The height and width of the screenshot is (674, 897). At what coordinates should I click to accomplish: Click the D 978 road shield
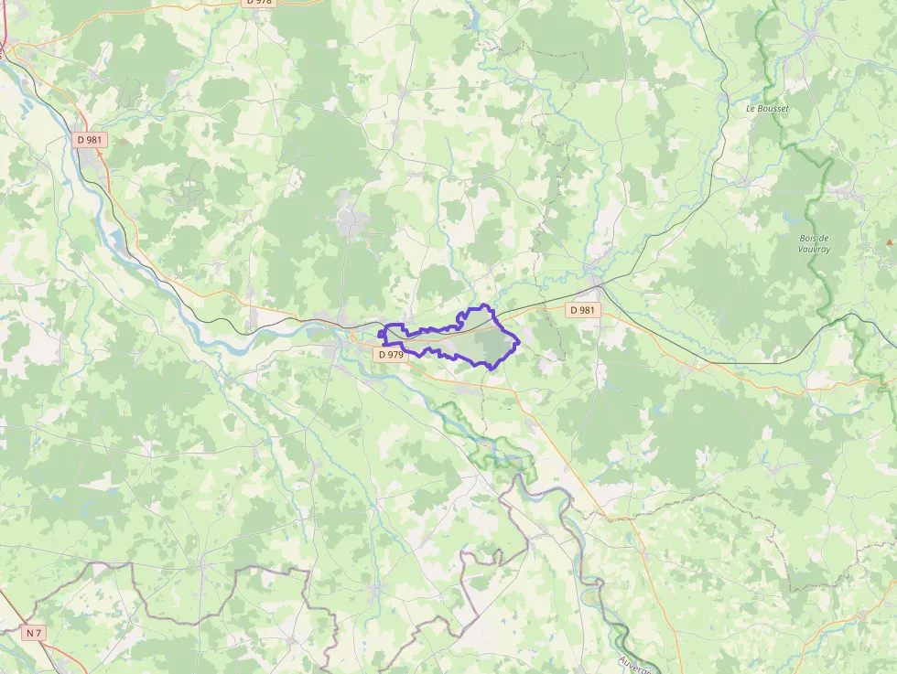tap(260, 3)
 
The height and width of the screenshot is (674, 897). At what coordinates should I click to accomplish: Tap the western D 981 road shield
tap(90, 140)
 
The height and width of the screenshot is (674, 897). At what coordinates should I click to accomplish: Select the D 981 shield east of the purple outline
tap(582, 310)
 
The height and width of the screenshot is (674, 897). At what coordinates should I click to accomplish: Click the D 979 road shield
tap(391, 354)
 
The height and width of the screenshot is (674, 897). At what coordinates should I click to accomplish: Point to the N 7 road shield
tap(34, 633)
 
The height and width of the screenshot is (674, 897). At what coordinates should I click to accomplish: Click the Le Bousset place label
tap(766, 108)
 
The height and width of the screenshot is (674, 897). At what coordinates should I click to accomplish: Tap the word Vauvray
tap(814, 249)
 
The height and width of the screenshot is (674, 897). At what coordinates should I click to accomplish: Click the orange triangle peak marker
tap(888, 242)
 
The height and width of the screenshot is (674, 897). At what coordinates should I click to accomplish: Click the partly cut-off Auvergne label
tap(633, 664)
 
